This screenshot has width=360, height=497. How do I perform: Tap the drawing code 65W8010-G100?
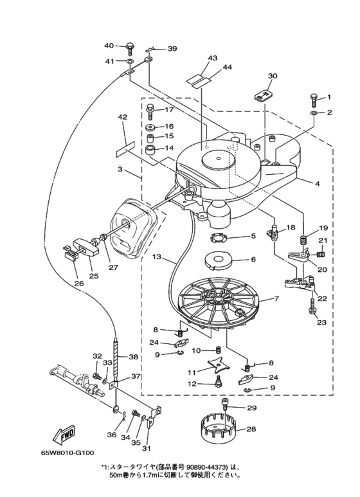(x=67, y=453)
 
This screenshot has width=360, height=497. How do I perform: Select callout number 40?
(x=109, y=46)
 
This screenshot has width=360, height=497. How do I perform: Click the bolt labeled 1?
(x=314, y=100)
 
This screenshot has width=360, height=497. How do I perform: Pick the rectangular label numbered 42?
(x=125, y=149)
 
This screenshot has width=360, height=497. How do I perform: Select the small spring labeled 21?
(x=321, y=254)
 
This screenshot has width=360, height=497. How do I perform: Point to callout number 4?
(x=317, y=183)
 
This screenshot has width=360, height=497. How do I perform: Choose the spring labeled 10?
(x=219, y=350)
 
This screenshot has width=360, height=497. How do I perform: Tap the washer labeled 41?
(x=130, y=60)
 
